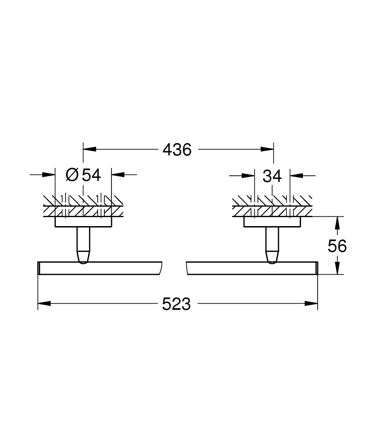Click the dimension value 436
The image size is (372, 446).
pyautogui.click(x=177, y=150)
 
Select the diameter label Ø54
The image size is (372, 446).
pyautogui.click(x=83, y=175)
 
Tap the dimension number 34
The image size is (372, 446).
pyautogui.click(x=272, y=177)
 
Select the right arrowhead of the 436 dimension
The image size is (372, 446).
pyautogui.click(x=267, y=150)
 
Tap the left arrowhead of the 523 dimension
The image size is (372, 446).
pyautogui.click(x=44, y=304)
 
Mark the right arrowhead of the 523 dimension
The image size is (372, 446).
pyautogui.click(x=312, y=304)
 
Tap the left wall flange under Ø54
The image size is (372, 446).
pyautogui.click(x=83, y=222)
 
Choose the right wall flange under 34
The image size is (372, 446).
pyautogui.click(x=272, y=222)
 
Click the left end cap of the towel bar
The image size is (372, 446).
pyautogui.click(x=39, y=268)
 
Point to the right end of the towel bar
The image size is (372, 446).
pyautogui.click(x=316, y=268)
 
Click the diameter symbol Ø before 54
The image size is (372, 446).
pyautogui.click(x=72, y=175)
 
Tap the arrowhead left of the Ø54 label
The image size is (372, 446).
pyautogui.click(x=49, y=175)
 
